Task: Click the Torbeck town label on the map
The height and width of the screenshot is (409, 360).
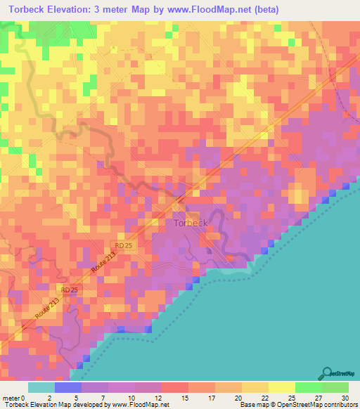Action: coord(190,223)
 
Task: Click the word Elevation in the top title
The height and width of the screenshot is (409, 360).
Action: coord(79,10)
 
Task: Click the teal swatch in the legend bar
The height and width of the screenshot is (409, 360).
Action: coord(41,387)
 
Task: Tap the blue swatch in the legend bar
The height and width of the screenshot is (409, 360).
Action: coord(68,387)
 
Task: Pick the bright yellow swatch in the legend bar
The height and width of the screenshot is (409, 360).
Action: coord(281,387)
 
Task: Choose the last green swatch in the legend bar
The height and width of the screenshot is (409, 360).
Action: coord(335,387)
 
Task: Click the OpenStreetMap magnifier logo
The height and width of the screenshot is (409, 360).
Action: coord(326,372)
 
